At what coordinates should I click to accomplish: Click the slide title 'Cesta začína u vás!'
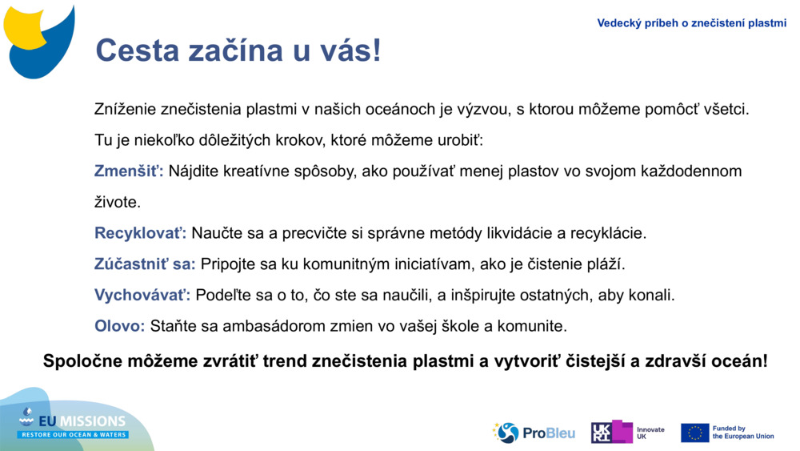(x=238, y=50)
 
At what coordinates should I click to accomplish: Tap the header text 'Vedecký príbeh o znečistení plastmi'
(x=691, y=23)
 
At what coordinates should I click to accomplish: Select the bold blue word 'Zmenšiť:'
(x=129, y=171)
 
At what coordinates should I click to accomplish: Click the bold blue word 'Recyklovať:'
(x=140, y=233)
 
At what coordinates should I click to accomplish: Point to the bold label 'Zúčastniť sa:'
(x=145, y=264)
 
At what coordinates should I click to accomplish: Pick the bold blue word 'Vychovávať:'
(x=142, y=296)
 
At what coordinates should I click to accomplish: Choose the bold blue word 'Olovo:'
(x=120, y=326)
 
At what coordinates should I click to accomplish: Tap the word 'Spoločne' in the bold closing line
(x=80, y=361)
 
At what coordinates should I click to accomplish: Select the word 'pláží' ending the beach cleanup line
(x=607, y=264)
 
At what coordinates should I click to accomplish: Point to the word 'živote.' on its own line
(x=118, y=203)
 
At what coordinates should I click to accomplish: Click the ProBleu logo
(x=534, y=433)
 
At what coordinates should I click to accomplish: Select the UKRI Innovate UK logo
(x=627, y=433)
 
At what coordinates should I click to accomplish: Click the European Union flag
(x=694, y=433)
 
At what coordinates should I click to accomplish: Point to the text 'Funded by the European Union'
(x=743, y=433)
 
